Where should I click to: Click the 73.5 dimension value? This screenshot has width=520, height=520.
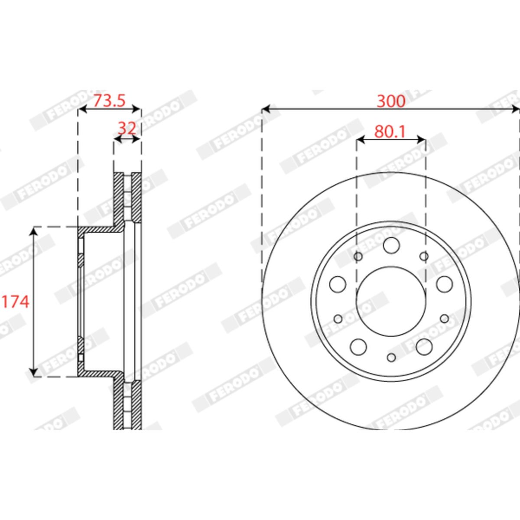(x=109, y=101)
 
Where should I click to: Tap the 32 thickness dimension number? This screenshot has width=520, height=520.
(x=127, y=129)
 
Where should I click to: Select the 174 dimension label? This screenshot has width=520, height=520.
(x=16, y=302)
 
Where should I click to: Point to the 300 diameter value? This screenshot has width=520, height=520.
(x=391, y=101)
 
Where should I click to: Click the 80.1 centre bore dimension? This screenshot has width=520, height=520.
(x=390, y=132)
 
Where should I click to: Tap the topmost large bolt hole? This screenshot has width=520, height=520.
(x=391, y=245)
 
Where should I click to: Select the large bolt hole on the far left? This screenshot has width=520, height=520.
(x=338, y=284)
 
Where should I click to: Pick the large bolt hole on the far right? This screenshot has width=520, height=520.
(x=445, y=284)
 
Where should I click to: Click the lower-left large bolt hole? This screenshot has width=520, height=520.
(x=358, y=347)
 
